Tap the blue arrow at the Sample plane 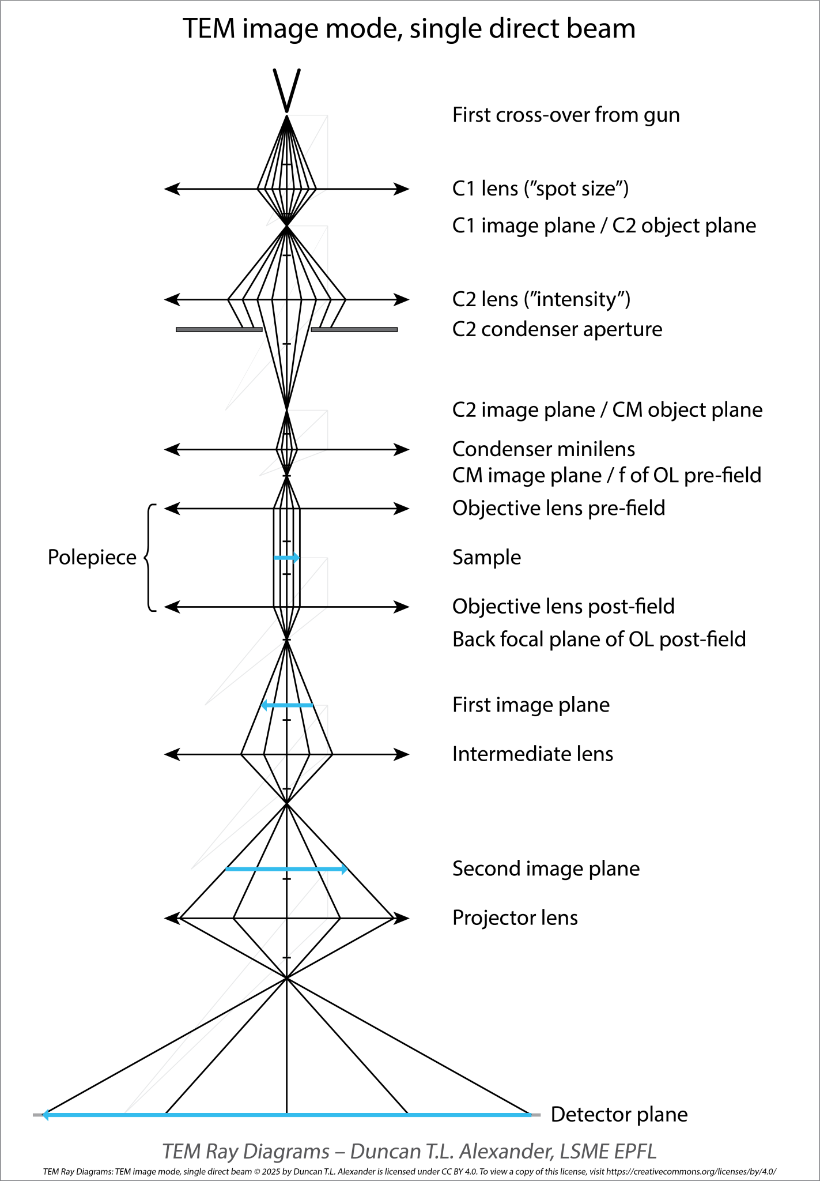(x=286, y=558)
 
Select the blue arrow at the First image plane (x=287, y=705)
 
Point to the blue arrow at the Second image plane (x=286, y=869)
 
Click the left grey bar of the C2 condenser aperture (x=219, y=330)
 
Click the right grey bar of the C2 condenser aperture (x=354, y=330)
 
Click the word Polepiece (x=92, y=558)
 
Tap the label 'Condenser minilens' (x=543, y=449)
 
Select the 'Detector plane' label (x=619, y=1115)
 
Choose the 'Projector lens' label (x=515, y=917)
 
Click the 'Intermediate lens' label (x=532, y=754)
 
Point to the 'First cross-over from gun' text (x=566, y=115)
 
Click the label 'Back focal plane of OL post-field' (x=599, y=640)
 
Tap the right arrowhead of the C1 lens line (x=402, y=189)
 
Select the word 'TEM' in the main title (x=209, y=29)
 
